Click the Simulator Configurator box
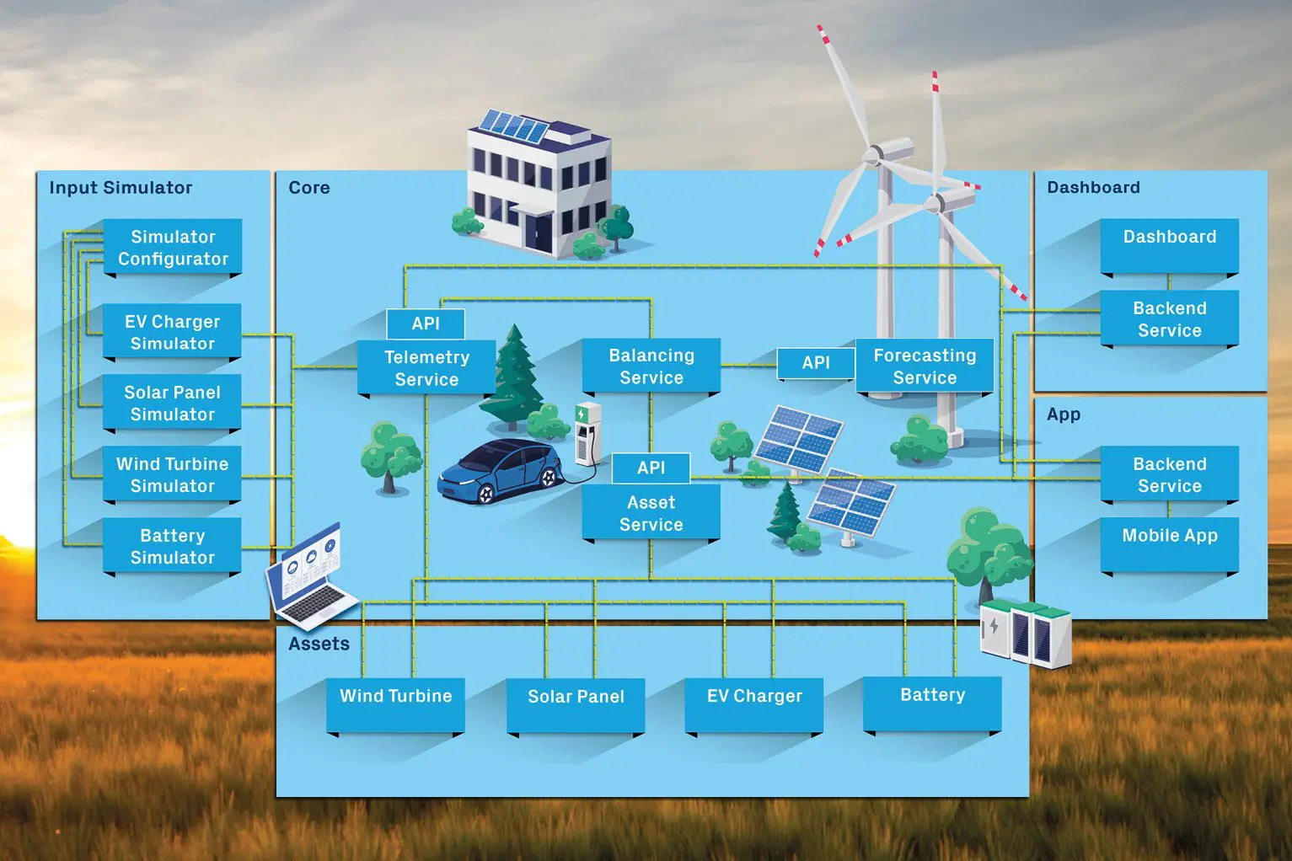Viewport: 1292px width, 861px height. pyautogui.click(x=173, y=248)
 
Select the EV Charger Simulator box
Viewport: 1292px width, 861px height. pyautogui.click(x=173, y=332)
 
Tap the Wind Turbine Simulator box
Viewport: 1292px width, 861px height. pyautogui.click(x=173, y=474)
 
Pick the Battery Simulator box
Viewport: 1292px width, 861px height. pyautogui.click(x=173, y=546)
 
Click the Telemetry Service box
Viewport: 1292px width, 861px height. pyautogui.click(x=426, y=368)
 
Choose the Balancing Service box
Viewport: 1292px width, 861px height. pyautogui.click(x=651, y=366)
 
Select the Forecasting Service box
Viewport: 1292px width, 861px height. pyautogui.click(x=925, y=366)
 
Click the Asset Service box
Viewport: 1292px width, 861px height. pyautogui.click(x=651, y=513)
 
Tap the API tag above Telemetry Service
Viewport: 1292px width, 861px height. pyautogui.click(x=426, y=324)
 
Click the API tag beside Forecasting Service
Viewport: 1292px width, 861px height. pyautogui.click(x=816, y=363)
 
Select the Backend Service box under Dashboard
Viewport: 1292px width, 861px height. pyautogui.click(x=1170, y=318)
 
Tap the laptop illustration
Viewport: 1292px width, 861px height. pyautogui.click(x=310, y=577)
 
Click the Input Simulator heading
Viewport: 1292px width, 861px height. pyautogui.click(x=121, y=188)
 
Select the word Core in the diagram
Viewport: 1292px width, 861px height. pyautogui.click(x=309, y=188)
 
